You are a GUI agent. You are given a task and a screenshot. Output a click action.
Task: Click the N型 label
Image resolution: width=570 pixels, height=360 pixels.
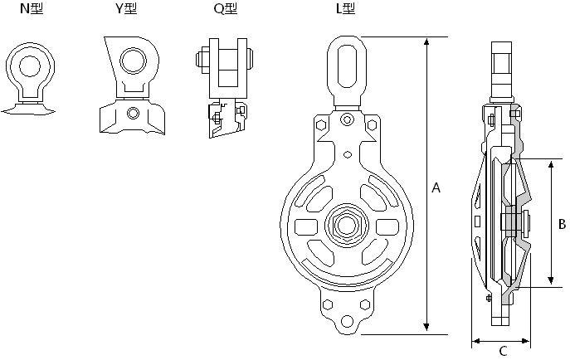[30, 10]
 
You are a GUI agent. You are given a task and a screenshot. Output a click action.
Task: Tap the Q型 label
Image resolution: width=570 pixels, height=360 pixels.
[225, 10]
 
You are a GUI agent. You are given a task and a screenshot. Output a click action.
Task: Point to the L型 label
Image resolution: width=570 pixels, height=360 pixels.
[344, 10]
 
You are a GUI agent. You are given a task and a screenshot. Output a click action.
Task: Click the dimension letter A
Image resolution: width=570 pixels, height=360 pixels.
[436, 188]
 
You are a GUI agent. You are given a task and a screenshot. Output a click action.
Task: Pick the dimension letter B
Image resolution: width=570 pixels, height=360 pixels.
[562, 223]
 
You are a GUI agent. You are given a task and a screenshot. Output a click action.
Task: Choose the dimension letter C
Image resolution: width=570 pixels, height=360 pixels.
[503, 351]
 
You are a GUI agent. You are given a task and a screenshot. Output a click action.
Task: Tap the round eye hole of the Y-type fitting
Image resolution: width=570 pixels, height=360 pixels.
[131, 60]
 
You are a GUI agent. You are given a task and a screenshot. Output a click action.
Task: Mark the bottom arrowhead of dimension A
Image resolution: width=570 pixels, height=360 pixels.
[426, 328]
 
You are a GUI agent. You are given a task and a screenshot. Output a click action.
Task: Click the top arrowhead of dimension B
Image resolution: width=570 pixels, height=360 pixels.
[551, 162]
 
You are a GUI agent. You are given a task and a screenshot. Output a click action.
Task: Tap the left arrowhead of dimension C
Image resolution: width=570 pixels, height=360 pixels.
[475, 339]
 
